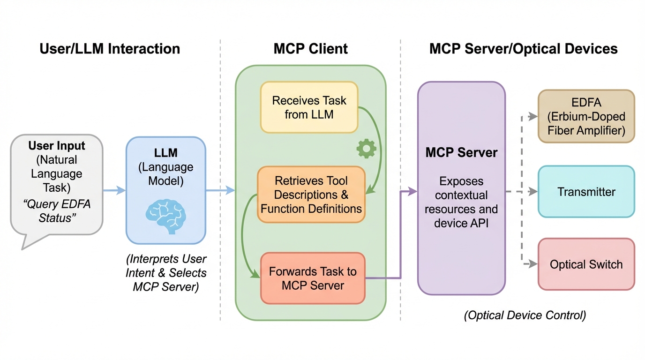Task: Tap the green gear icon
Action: (x=366, y=148)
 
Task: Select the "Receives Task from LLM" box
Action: (x=309, y=107)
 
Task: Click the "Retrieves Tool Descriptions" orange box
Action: (x=311, y=195)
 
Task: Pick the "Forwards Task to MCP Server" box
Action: (x=313, y=278)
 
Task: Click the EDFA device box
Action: (x=586, y=116)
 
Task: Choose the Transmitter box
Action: (x=586, y=192)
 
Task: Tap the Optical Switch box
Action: (x=586, y=264)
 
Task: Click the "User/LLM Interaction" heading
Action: (x=110, y=49)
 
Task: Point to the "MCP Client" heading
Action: (x=311, y=49)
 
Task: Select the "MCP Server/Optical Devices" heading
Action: (x=523, y=49)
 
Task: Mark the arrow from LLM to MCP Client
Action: (x=220, y=190)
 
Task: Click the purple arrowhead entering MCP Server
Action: (x=412, y=191)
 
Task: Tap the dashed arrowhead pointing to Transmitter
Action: (x=532, y=192)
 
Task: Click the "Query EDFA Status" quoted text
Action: (x=56, y=211)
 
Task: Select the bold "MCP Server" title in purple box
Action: (x=461, y=152)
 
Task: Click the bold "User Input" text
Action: (x=57, y=145)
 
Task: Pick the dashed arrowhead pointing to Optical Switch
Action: (x=532, y=264)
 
